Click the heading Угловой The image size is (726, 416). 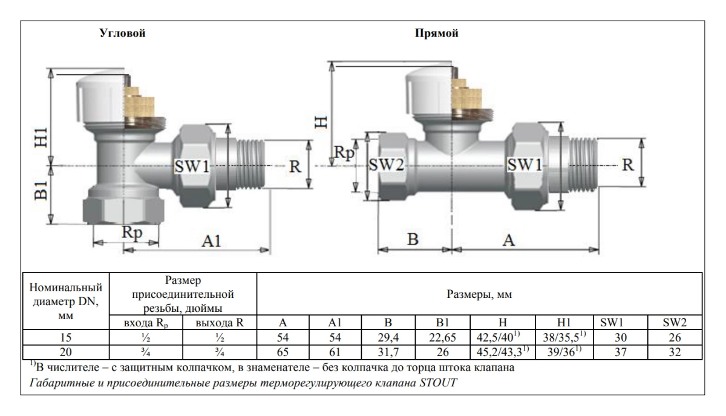[x=123, y=33]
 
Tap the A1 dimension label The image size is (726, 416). [x=211, y=240]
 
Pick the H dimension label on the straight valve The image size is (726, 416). [x=324, y=121]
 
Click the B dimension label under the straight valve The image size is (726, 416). [x=413, y=239]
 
